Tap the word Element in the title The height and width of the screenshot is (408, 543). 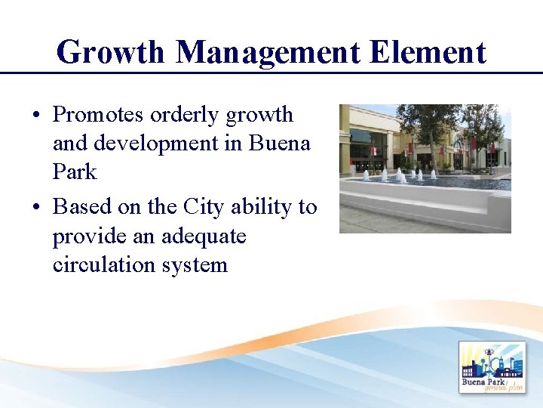[x=428, y=53]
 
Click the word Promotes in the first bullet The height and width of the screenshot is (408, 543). [x=97, y=115]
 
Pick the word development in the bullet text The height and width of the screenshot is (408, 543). [x=161, y=144]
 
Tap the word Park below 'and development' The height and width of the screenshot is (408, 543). [x=75, y=172]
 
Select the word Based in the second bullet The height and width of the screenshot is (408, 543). [x=82, y=206]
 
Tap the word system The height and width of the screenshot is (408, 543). [x=195, y=265]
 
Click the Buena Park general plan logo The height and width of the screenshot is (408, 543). [x=492, y=367]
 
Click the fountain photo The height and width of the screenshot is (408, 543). [x=425, y=168]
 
